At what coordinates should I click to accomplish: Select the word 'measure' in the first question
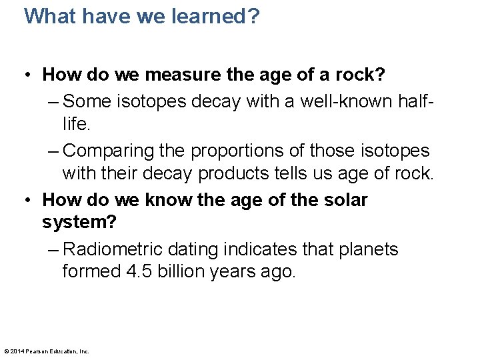pyautogui.click(x=182, y=75)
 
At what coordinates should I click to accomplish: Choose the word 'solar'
pyautogui.click(x=344, y=199)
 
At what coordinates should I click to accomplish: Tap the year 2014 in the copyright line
pyautogui.click(x=17, y=351)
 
